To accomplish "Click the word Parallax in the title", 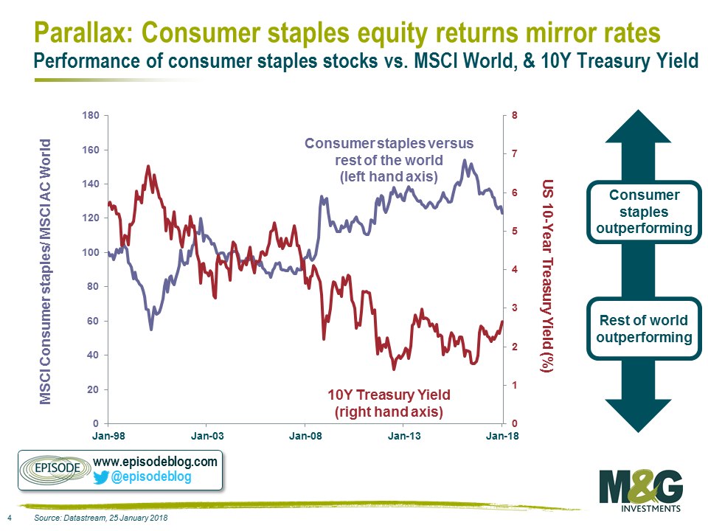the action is tap(83, 32).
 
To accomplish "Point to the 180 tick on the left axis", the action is tap(90, 116).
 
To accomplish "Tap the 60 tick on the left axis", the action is tap(93, 321).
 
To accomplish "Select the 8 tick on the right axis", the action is tap(514, 115).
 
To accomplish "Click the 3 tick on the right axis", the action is tap(514, 308).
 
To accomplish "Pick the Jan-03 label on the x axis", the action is tap(206, 436).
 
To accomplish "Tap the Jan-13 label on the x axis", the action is tap(404, 436).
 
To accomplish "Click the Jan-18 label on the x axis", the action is tap(502, 436).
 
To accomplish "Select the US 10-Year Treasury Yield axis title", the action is tap(547, 276).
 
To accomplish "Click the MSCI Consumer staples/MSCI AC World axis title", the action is tap(45, 271).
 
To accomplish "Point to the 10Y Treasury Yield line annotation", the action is tap(389, 403).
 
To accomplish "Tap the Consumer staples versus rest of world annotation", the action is tap(389, 160).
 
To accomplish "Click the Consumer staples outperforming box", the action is tap(644, 212).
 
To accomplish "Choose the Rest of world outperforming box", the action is tap(644, 329).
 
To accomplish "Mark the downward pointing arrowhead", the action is tap(637, 414).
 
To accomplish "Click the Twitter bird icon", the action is tap(101, 478).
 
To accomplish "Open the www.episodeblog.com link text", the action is tap(155, 462).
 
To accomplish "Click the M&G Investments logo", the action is tap(641, 491).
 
